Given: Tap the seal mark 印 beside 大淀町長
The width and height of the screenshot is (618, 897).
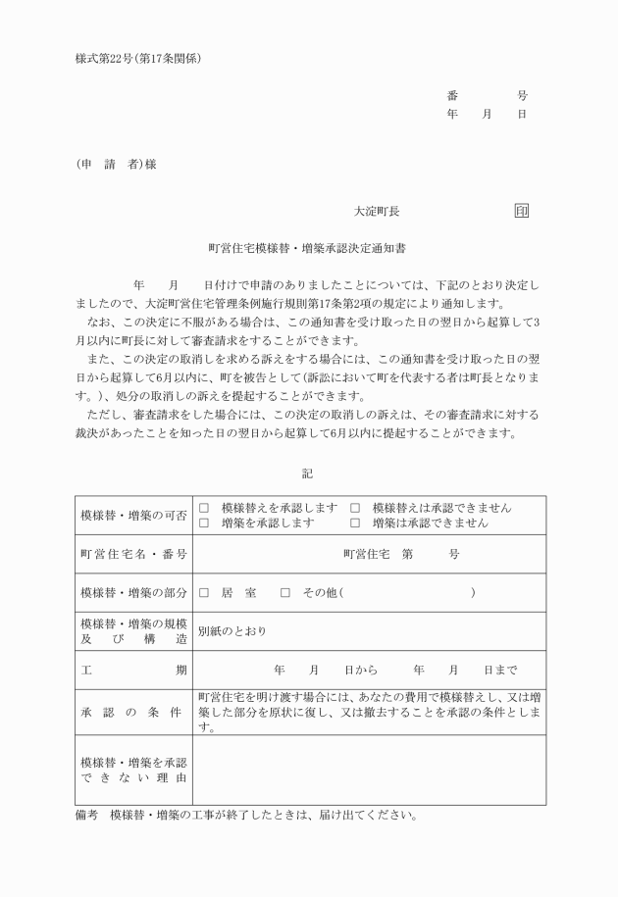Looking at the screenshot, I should tap(521, 211).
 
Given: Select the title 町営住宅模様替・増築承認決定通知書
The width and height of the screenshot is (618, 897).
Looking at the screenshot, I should tap(308, 249).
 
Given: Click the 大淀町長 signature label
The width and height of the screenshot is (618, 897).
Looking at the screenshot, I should tap(377, 211).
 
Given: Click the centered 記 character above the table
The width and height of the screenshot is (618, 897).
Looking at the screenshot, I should tap(308, 473).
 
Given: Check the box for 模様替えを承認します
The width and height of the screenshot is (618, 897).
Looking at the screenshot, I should tap(204, 508).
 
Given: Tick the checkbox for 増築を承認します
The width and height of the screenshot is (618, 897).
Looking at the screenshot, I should tap(204, 523).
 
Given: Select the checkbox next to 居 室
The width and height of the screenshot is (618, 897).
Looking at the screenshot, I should tap(204, 593).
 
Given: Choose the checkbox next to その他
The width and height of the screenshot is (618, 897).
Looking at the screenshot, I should tap(285, 593).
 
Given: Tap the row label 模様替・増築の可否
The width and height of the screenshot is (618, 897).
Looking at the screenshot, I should tap(132, 516).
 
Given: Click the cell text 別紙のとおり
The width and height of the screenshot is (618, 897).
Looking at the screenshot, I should tap(232, 631).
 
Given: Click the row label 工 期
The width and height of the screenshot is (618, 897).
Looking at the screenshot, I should tap(132, 671).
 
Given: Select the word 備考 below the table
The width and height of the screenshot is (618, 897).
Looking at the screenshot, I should tap(87, 816).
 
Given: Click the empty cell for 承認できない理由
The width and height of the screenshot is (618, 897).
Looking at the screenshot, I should tap(369, 771).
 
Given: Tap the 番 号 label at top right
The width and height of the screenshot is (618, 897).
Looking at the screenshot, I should tap(488, 96).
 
